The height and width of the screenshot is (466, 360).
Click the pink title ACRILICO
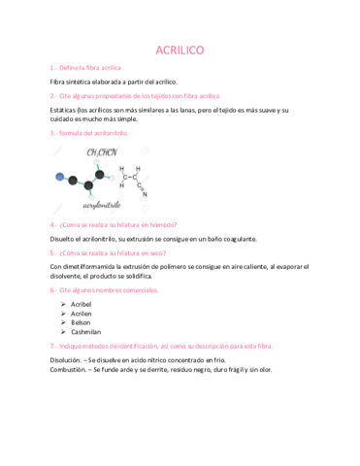click(x=180, y=50)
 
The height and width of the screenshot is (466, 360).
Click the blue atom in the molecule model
click(x=60, y=177)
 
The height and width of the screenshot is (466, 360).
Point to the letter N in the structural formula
click(x=145, y=193)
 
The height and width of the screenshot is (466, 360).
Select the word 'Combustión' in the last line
click(x=68, y=370)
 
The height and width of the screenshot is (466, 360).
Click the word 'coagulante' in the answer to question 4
click(x=235, y=238)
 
